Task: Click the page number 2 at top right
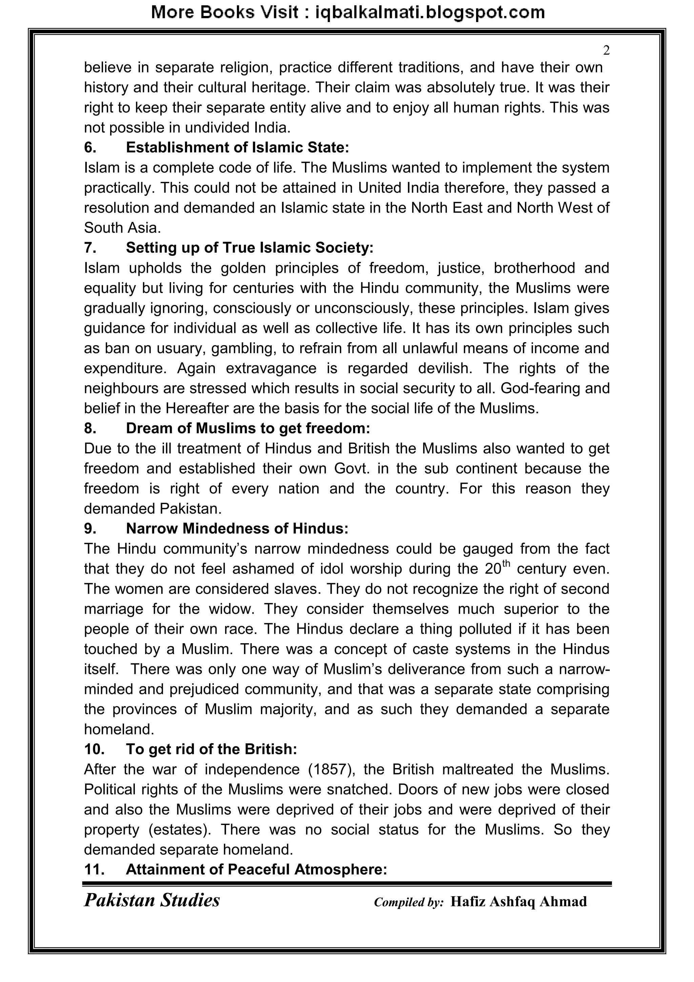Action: [606, 51]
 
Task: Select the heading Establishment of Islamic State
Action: [237, 148]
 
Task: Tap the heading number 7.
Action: [90, 248]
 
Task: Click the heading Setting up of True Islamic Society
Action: [249, 248]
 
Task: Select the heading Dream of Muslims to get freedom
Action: [248, 428]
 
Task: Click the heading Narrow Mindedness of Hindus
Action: [237, 528]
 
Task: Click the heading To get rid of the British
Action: [211, 749]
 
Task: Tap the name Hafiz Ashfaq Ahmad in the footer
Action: [518, 902]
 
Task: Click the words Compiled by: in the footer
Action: [409, 902]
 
